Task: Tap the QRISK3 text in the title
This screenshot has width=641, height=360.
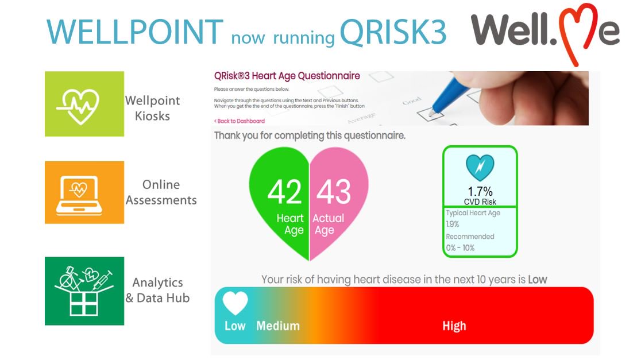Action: [393, 33]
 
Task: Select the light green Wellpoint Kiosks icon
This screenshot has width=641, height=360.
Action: [84, 104]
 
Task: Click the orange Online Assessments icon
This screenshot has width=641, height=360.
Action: [84, 192]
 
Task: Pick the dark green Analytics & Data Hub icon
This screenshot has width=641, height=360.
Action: [84, 291]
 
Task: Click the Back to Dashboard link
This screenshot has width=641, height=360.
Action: [240, 121]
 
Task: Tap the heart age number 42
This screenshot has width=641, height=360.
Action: [285, 192]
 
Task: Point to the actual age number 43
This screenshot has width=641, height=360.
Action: [334, 192]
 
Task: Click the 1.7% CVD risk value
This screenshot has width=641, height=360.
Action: [480, 191]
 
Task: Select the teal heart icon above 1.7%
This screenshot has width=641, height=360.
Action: [480, 167]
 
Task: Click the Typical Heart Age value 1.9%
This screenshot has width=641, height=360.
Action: [453, 224]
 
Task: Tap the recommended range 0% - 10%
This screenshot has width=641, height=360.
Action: [461, 248]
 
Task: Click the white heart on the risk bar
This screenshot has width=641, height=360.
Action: [235, 303]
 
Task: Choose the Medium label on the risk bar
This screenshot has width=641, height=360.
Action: [278, 326]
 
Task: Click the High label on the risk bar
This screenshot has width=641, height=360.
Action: [454, 326]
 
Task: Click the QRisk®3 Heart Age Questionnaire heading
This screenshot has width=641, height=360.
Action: [287, 76]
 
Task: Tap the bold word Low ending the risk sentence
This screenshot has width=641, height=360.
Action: [538, 280]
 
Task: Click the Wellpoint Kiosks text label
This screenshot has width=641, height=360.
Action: [152, 108]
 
